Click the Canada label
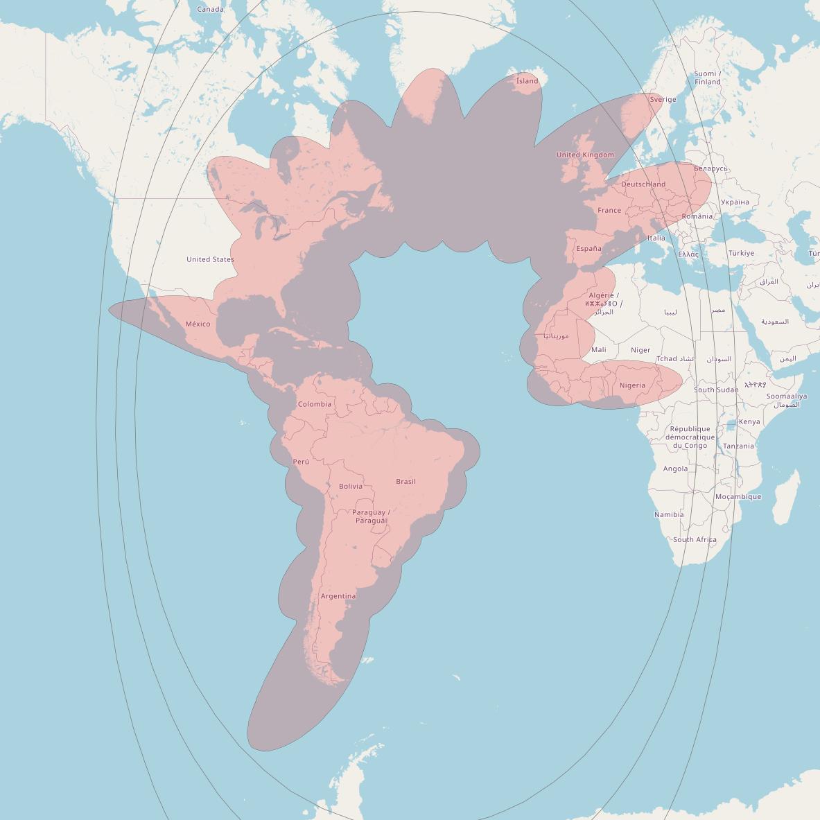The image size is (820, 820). (x=210, y=9)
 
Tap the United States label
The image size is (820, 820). (x=210, y=259)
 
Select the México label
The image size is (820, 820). (x=198, y=324)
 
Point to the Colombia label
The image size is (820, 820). (x=315, y=404)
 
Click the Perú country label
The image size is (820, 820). (x=301, y=462)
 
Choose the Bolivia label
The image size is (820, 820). (x=351, y=486)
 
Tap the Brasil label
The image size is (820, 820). (x=405, y=481)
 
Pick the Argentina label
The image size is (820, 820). (x=338, y=596)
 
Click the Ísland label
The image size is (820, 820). (x=527, y=81)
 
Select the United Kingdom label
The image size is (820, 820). (x=585, y=155)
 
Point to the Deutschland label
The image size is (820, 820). (x=643, y=184)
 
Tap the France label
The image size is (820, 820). (x=609, y=210)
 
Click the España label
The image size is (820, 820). (x=588, y=248)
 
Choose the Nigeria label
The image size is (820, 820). (x=632, y=385)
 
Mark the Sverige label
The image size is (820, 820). (x=663, y=99)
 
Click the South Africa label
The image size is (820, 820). (x=695, y=539)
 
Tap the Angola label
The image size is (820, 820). (x=675, y=469)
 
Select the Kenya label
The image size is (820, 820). (x=749, y=421)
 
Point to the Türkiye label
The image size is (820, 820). (x=741, y=253)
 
